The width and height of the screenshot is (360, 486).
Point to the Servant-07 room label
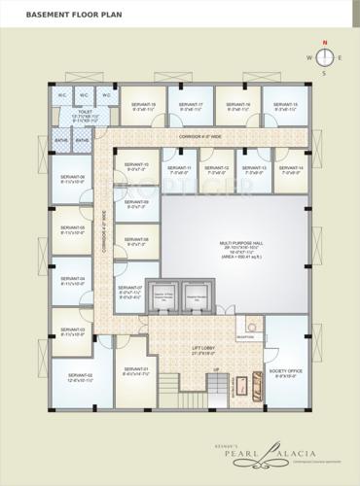click(x=130, y=290)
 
